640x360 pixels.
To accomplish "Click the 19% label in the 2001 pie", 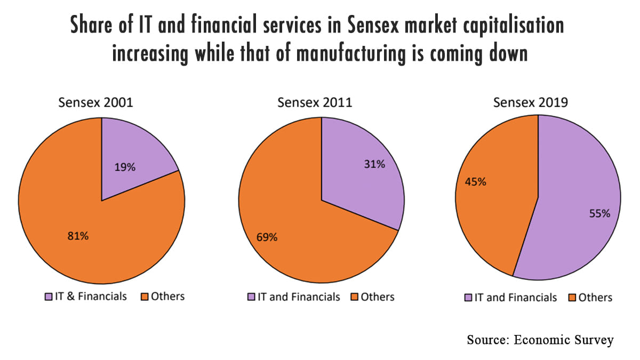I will point(125,167).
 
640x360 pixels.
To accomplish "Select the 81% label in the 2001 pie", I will point(78,236).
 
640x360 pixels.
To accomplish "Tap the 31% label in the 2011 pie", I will point(374,164).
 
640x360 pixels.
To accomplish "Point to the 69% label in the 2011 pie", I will point(267,237).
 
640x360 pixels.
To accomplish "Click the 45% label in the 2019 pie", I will point(475,182).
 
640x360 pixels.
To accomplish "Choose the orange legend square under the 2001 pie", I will point(143,296).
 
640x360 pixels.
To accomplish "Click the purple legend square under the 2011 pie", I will point(251,297).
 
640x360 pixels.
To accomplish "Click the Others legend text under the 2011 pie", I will point(378,297).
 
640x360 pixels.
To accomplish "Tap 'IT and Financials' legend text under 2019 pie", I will point(515,298).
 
